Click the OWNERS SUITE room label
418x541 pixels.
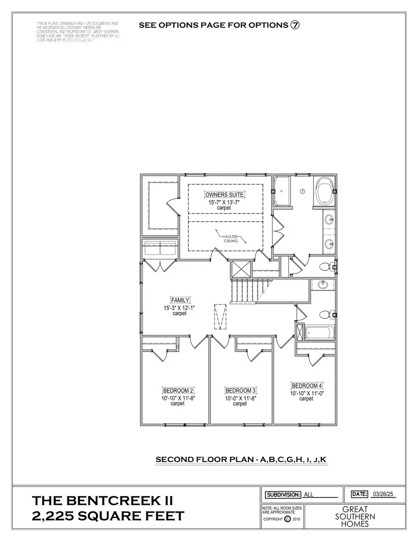click(x=225, y=195)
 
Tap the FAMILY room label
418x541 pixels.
click(x=180, y=301)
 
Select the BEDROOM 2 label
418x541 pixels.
click(x=178, y=390)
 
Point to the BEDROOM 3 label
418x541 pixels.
click(x=240, y=391)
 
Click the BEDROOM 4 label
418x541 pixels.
click(x=307, y=386)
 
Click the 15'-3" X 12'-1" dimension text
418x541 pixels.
click(x=180, y=308)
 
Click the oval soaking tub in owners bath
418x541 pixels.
click(x=325, y=191)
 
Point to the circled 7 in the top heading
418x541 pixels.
click(x=295, y=25)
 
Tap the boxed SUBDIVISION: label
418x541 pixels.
click(x=282, y=495)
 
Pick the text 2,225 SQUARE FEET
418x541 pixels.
click(x=108, y=516)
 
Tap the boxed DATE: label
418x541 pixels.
click(x=360, y=494)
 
